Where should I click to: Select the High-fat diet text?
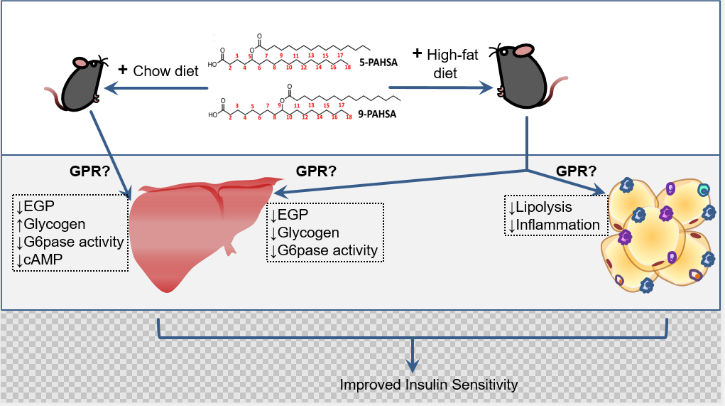pyautogui.click(x=445, y=63)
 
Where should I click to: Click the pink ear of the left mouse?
pyautogui.click(x=80, y=62)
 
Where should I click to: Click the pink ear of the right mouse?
pyautogui.click(x=523, y=50)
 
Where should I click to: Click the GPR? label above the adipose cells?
pyautogui.click(x=576, y=171)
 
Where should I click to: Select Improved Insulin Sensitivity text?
pyautogui.click(x=429, y=385)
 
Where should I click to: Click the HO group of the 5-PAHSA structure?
pyautogui.click(x=212, y=63)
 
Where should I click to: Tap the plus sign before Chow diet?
pyautogui.click(x=122, y=70)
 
